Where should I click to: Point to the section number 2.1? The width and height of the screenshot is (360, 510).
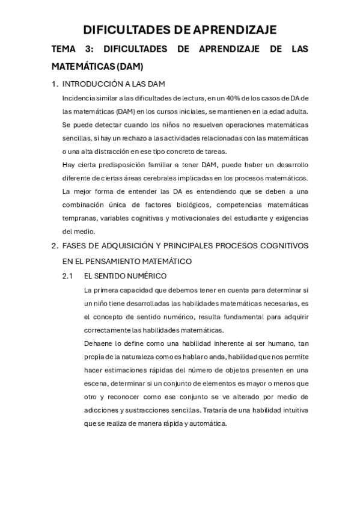67,276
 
